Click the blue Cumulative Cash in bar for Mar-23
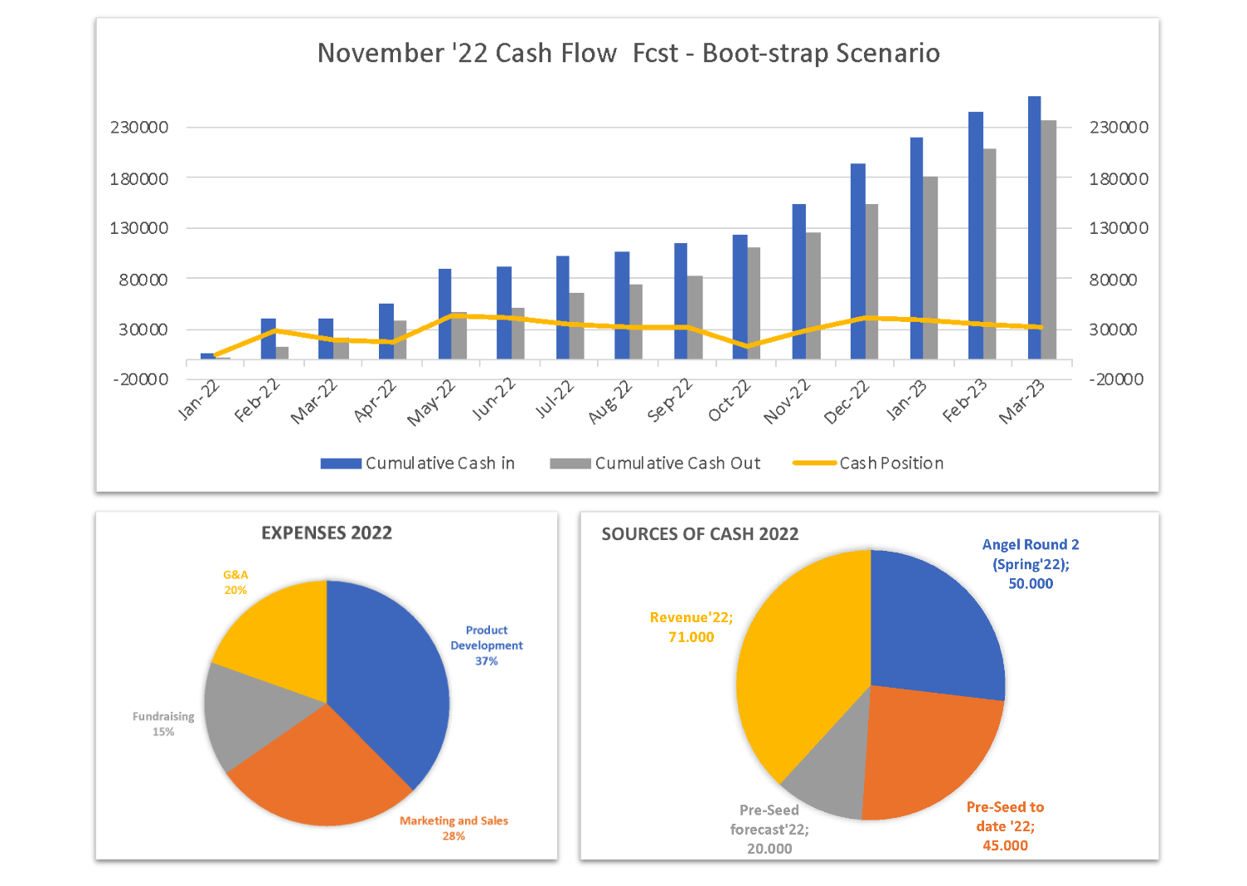pyautogui.click(x=1034, y=228)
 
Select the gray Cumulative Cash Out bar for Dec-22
pyautogui.click(x=871, y=282)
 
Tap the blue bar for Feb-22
pyautogui.click(x=268, y=338)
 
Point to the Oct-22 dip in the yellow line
pyautogui.click(x=747, y=346)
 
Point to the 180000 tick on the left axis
pyautogui.click(x=139, y=178)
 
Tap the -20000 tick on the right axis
pyautogui.click(x=1116, y=379)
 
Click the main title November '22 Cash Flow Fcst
pyautogui.click(x=628, y=53)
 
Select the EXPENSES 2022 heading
pyautogui.click(x=327, y=533)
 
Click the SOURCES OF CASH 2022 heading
pyautogui.click(x=700, y=533)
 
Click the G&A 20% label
pyautogui.click(x=235, y=582)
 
